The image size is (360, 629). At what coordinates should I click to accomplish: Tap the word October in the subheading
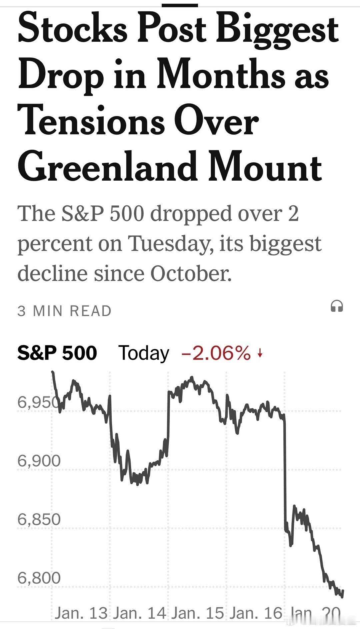pyautogui.click(x=191, y=274)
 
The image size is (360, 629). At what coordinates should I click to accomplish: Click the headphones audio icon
pyautogui.click(x=337, y=306)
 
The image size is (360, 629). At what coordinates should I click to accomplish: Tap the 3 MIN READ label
pyautogui.click(x=64, y=311)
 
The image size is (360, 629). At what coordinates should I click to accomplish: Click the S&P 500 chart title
pyautogui.click(x=57, y=353)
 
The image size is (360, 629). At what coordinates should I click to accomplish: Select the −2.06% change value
pyautogui.click(x=216, y=353)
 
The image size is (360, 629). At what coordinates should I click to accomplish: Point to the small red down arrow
pyautogui.click(x=260, y=353)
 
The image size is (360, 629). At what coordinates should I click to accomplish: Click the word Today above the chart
pyautogui.click(x=144, y=353)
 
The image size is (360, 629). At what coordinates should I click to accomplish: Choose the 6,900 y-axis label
pyautogui.click(x=39, y=461)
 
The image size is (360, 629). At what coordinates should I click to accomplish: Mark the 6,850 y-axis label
pyautogui.click(x=39, y=519)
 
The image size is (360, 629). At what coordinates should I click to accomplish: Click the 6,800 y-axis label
pyautogui.click(x=39, y=578)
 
